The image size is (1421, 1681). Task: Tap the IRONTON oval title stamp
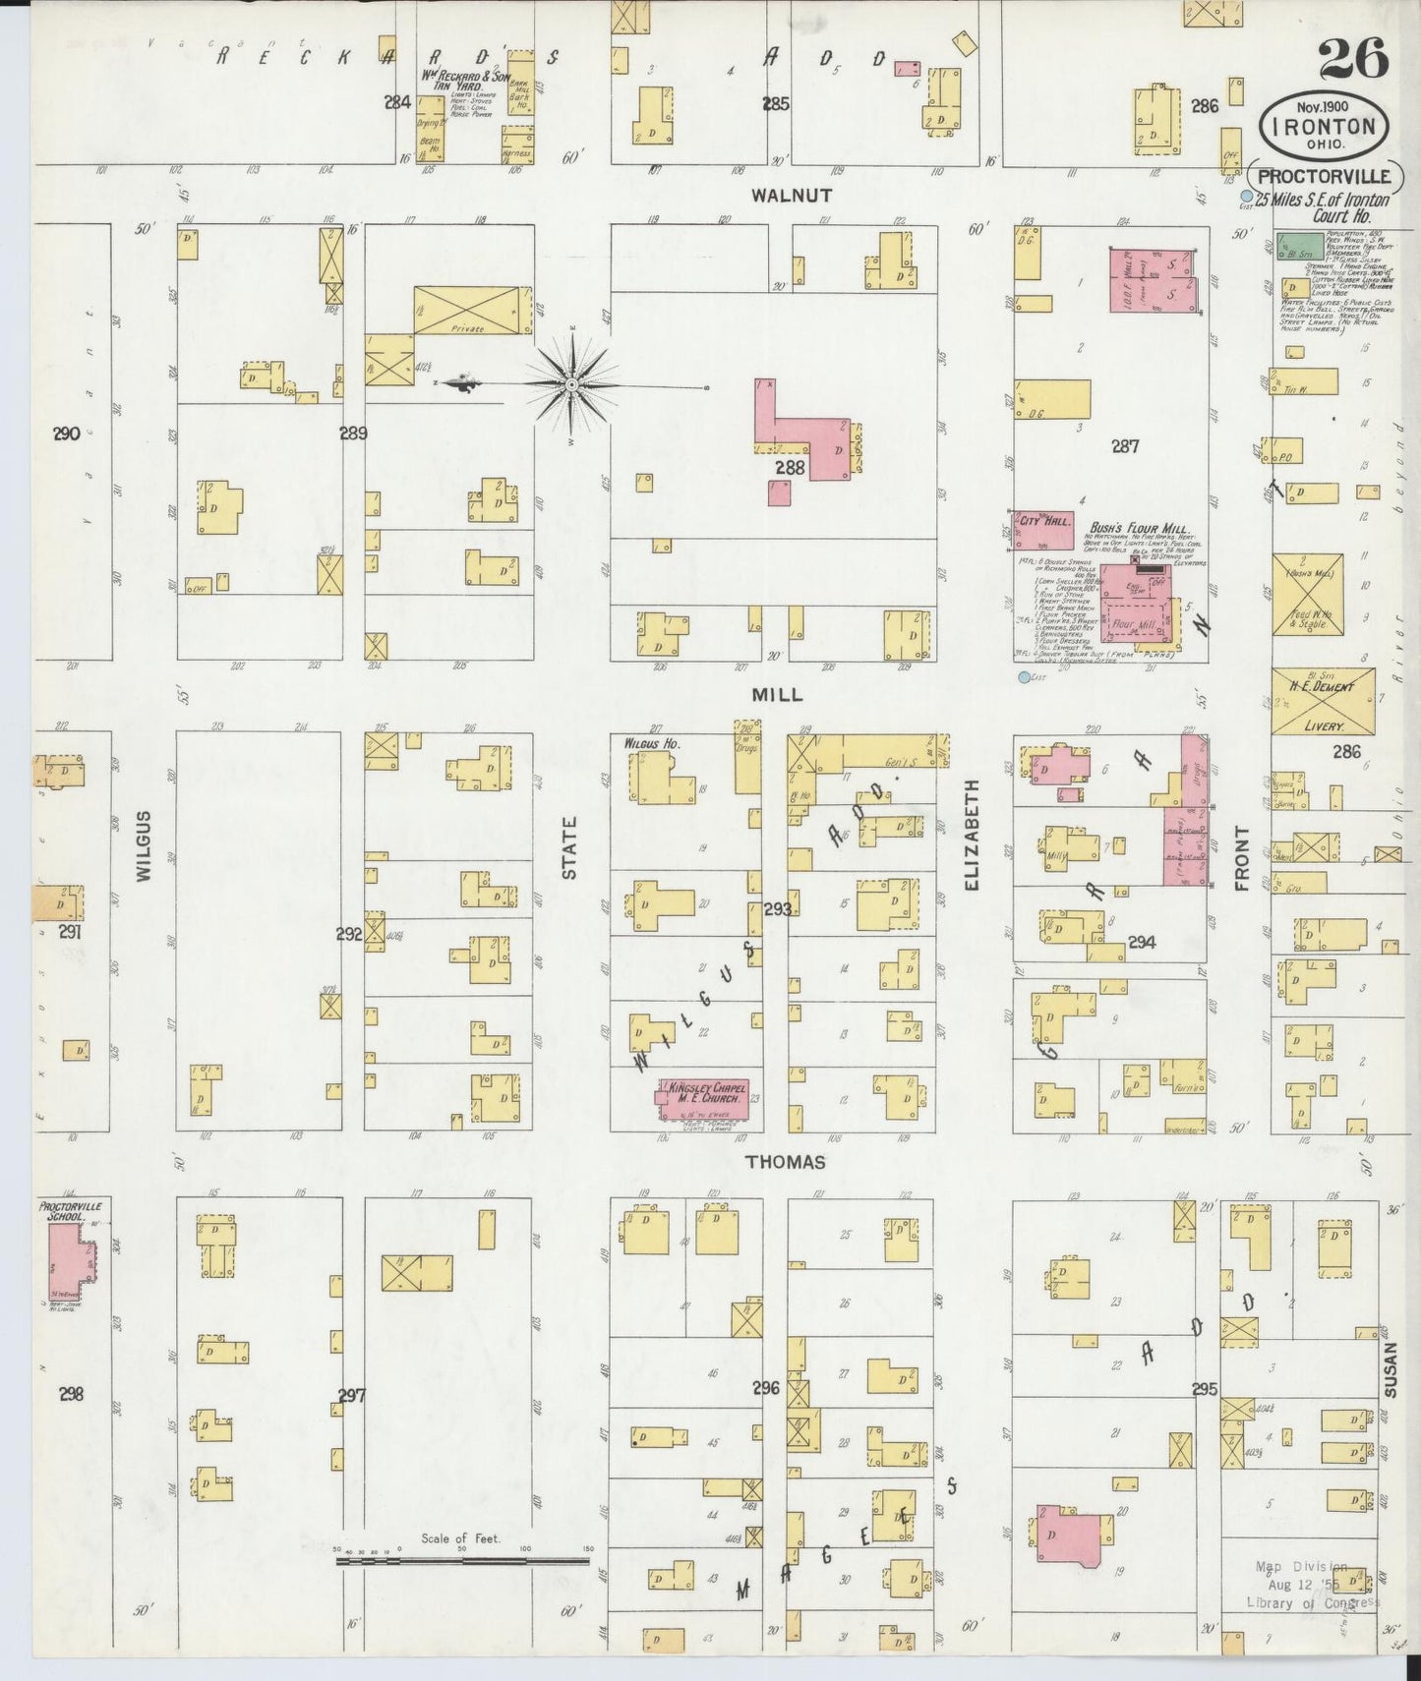[1324, 126]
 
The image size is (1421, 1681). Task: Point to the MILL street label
[777, 694]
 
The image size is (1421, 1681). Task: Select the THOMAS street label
[785, 1162]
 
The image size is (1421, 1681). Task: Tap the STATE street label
[569, 847]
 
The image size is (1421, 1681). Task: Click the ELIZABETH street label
[973, 836]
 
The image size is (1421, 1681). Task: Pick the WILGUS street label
[144, 844]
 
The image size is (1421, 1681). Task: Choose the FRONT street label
[1241, 857]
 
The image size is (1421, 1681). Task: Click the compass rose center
[571, 383]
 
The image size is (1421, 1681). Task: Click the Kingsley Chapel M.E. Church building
[703, 1099]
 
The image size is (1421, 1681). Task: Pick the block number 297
[351, 1395]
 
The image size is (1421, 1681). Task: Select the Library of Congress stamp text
[1312, 1603]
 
